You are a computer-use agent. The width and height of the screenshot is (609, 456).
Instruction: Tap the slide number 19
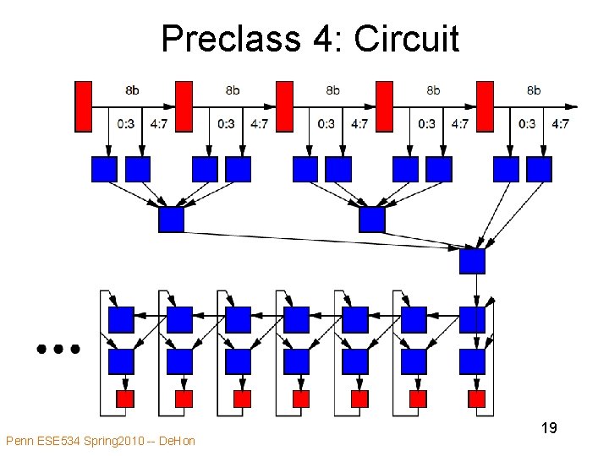coord(548,428)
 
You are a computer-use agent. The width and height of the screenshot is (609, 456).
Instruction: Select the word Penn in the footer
coord(19,440)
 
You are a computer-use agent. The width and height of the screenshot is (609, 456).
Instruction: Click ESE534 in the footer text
coord(62,440)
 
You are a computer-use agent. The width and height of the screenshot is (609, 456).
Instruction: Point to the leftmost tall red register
coord(83,106)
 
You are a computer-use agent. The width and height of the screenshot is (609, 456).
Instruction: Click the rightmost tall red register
coord(485,106)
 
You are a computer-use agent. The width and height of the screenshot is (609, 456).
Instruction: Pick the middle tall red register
coord(284,106)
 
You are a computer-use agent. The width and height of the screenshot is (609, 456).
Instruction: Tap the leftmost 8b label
coord(133,90)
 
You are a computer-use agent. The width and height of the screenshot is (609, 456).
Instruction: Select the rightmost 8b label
coord(534,90)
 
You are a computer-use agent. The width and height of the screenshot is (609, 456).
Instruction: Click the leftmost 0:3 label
coord(125,124)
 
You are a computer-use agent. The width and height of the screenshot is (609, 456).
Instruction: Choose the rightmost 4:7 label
coord(560,124)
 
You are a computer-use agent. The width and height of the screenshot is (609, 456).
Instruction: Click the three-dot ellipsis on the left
coord(58,347)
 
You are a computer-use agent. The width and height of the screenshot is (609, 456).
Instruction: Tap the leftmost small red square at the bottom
coord(124,398)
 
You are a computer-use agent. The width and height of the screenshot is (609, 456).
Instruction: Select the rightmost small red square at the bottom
coord(476,398)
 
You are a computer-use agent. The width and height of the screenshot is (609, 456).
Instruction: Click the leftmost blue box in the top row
coord(104,170)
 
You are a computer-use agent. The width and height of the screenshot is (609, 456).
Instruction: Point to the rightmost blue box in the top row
coord(539,170)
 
